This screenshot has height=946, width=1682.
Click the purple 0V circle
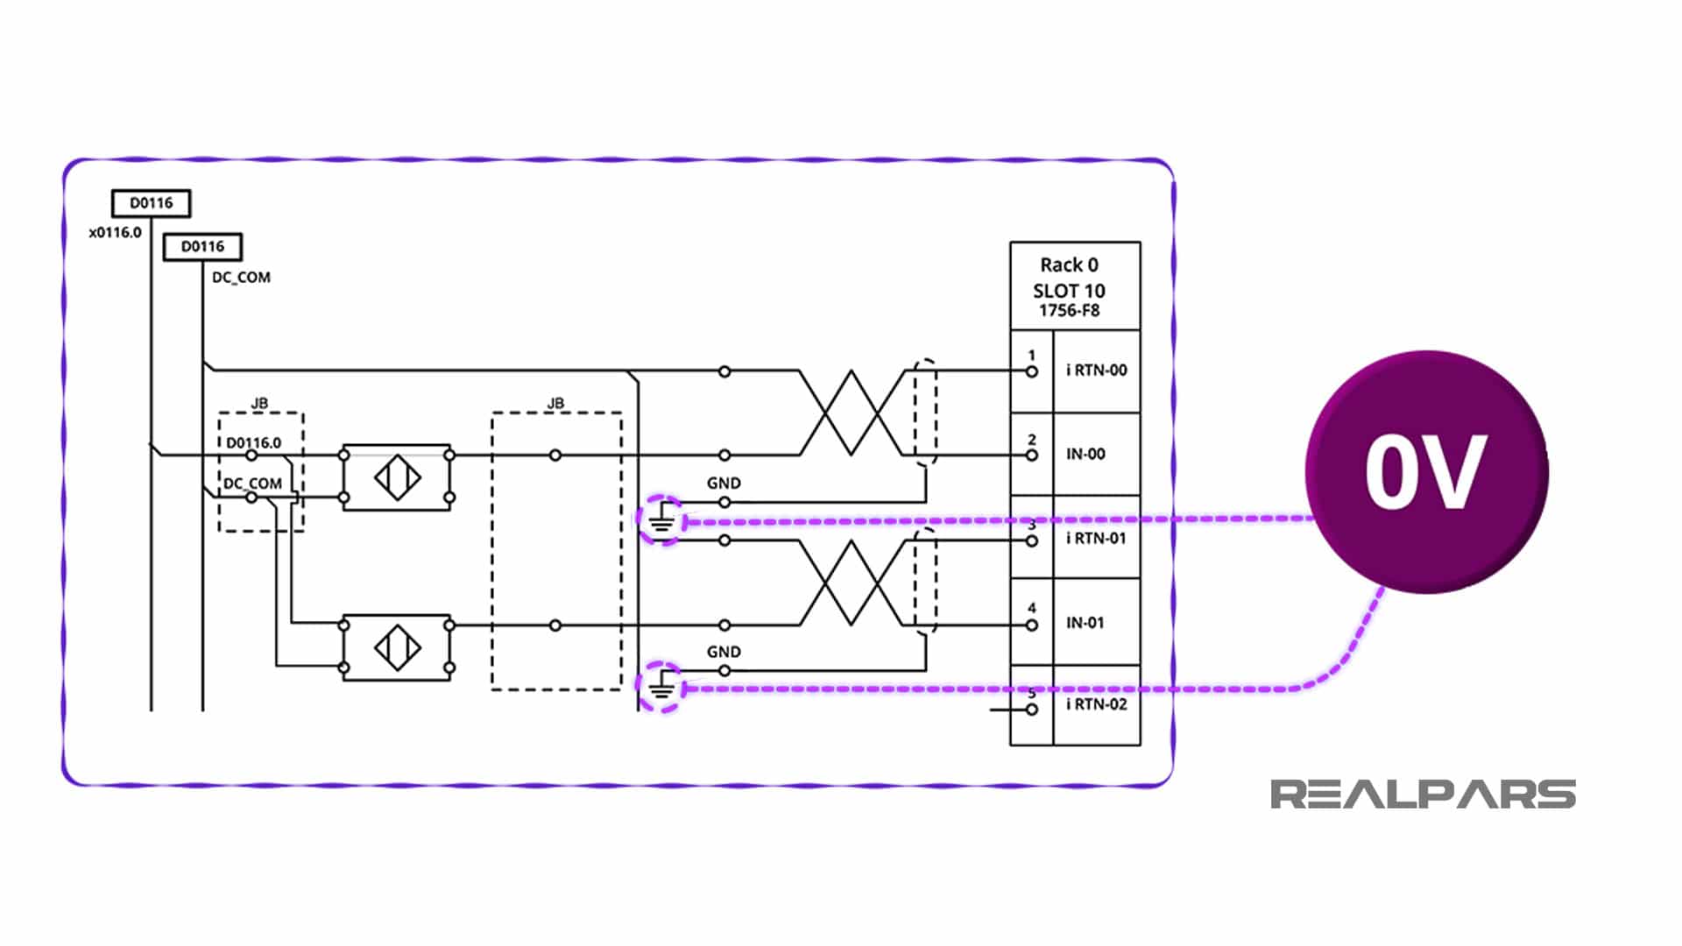coord(1426,472)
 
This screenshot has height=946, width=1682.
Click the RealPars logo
coord(1423,794)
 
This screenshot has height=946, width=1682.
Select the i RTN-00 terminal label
coord(1096,371)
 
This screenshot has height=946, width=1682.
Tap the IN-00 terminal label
coord(1085,454)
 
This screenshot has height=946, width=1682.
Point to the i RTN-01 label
coord(1096,538)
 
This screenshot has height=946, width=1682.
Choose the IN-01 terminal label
coord(1085,623)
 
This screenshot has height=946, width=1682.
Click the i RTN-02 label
coord(1096,704)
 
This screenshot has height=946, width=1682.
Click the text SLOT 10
coord(1069,291)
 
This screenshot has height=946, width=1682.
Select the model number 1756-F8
coord(1069,311)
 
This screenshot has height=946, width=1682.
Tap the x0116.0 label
coord(115,233)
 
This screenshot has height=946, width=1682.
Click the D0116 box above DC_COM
coord(202,247)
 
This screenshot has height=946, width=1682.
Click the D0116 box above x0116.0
coord(151,203)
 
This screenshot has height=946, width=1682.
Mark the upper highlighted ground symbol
coord(661,520)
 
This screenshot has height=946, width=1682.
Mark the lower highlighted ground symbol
coord(661,688)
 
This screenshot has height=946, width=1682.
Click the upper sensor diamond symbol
coord(397,477)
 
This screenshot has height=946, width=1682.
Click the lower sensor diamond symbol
coord(397,647)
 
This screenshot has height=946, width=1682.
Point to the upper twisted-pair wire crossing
coord(852,413)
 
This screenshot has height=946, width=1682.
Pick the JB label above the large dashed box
coord(555,403)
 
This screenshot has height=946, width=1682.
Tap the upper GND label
coord(724,483)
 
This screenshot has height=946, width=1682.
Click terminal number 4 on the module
coord(1032,608)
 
